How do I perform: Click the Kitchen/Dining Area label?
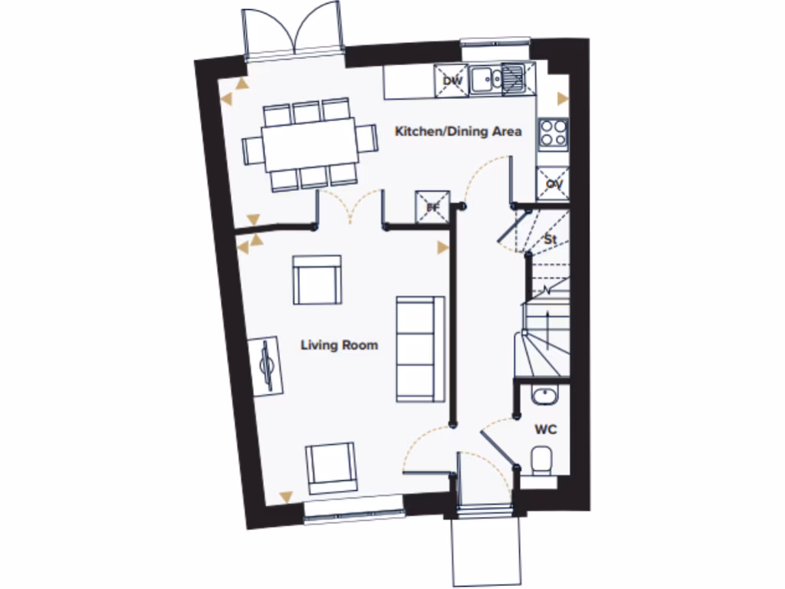tap(458, 131)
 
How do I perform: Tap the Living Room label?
tap(339, 345)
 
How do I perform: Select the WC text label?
tap(545, 429)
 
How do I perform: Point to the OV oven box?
tap(553, 184)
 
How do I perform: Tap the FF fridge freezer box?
tap(432, 206)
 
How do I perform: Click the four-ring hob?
tap(553, 133)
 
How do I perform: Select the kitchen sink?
tap(498, 77)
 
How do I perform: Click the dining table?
tap(308, 143)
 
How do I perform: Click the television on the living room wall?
tap(267, 366)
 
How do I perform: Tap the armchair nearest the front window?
tap(330, 467)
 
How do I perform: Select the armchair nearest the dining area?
tap(317, 280)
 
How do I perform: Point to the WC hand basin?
tap(544, 396)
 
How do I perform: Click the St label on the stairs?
tap(549, 239)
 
